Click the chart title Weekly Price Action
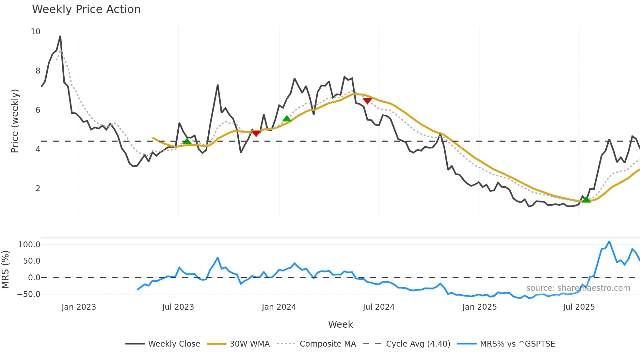click(86, 9)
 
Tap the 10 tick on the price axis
click(36, 32)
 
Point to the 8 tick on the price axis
click(38, 71)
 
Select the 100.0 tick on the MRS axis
click(29, 245)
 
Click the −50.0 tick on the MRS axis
click(29, 294)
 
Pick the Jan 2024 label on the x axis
click(279, 307)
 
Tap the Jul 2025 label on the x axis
click(579, 307)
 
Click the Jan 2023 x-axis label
click(79, 307)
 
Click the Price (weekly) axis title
click(15, 121)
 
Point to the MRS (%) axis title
click(5, 270)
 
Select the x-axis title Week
click(340, 324)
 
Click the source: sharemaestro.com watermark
click(578, 288)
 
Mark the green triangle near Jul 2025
click(586, 200)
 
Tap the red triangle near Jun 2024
click(367, 101)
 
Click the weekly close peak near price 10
click(60, 36)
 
